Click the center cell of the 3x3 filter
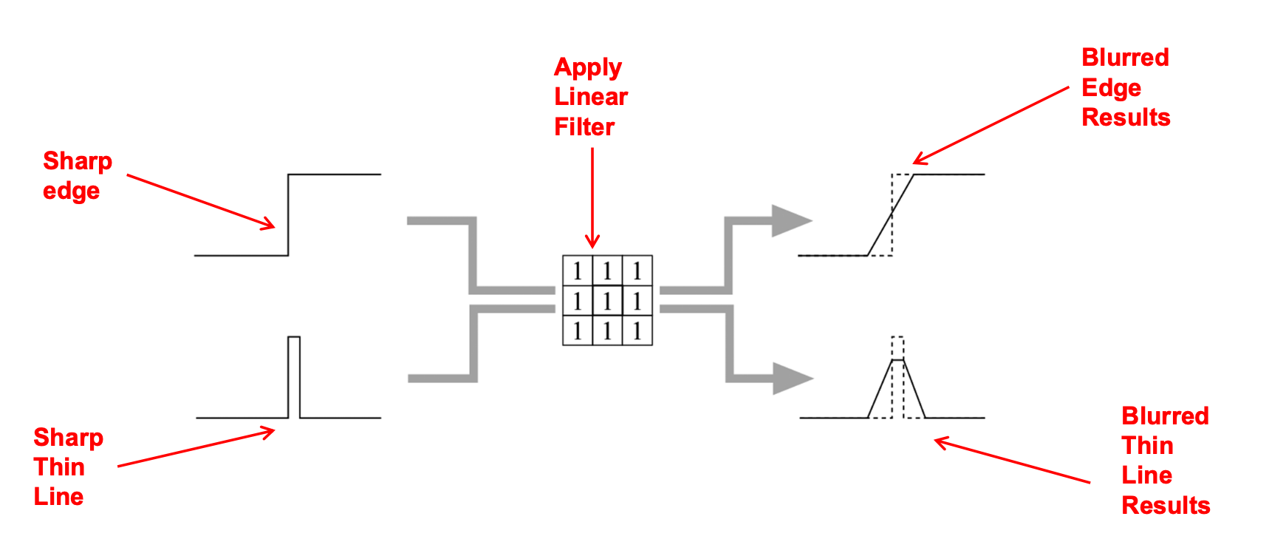607,301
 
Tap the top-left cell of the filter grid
578,271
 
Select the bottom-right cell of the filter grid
637,330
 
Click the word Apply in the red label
588,68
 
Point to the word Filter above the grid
584,127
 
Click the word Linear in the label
591,97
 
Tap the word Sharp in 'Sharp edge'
78,161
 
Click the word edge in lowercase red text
71,191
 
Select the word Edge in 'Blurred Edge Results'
1111,88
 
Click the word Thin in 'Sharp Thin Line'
59,467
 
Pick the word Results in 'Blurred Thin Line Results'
1166,506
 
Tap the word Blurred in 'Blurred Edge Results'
1125,58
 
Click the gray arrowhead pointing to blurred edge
790,220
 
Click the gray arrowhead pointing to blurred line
791,379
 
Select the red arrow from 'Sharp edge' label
199,201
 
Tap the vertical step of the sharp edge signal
288,214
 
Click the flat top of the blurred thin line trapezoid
897,360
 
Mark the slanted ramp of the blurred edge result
891,214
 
